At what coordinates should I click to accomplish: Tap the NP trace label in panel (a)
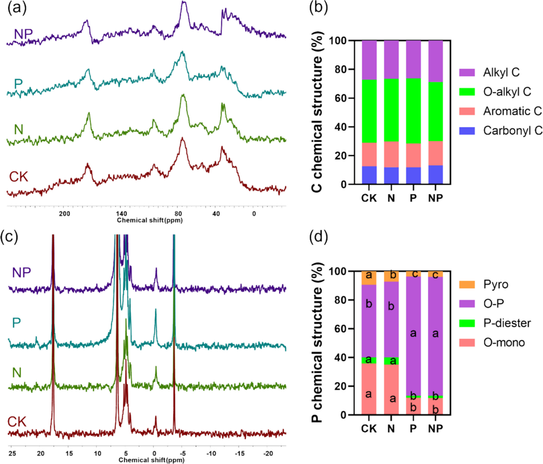click(23, 33)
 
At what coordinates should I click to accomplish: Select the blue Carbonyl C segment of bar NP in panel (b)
click(435, 175)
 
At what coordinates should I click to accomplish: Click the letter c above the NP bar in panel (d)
click(436, 275)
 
